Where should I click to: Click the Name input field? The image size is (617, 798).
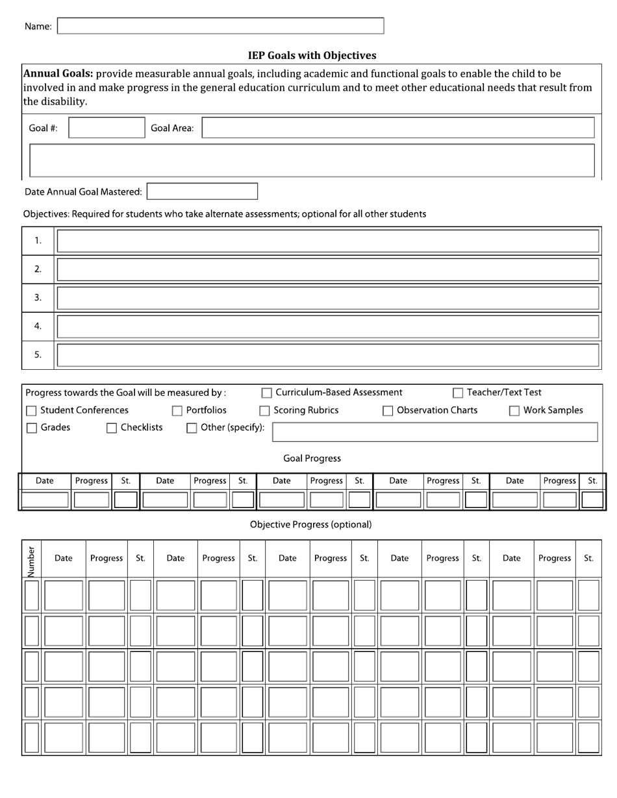221,26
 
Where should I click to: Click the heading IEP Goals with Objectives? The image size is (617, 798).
312,56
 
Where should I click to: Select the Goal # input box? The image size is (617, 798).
107,128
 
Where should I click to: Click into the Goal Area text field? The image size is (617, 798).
397,128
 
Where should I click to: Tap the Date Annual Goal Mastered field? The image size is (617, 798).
202,191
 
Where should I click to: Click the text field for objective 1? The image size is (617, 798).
327,241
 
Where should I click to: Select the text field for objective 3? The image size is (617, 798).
327,298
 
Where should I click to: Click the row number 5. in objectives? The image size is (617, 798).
38,354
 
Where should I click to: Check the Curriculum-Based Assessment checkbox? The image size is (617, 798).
266,393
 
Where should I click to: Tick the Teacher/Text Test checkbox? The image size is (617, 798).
458,393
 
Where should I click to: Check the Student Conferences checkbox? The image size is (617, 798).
31,411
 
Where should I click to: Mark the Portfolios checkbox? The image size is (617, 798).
177,411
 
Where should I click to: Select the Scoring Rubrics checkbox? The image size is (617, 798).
264,411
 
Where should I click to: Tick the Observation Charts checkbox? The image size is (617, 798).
388,411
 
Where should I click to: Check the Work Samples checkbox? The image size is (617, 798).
514,411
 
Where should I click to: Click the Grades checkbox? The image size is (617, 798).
31,428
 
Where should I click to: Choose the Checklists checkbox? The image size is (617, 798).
112,428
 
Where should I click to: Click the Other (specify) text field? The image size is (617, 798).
434,432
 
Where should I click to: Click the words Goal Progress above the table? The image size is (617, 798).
312,459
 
